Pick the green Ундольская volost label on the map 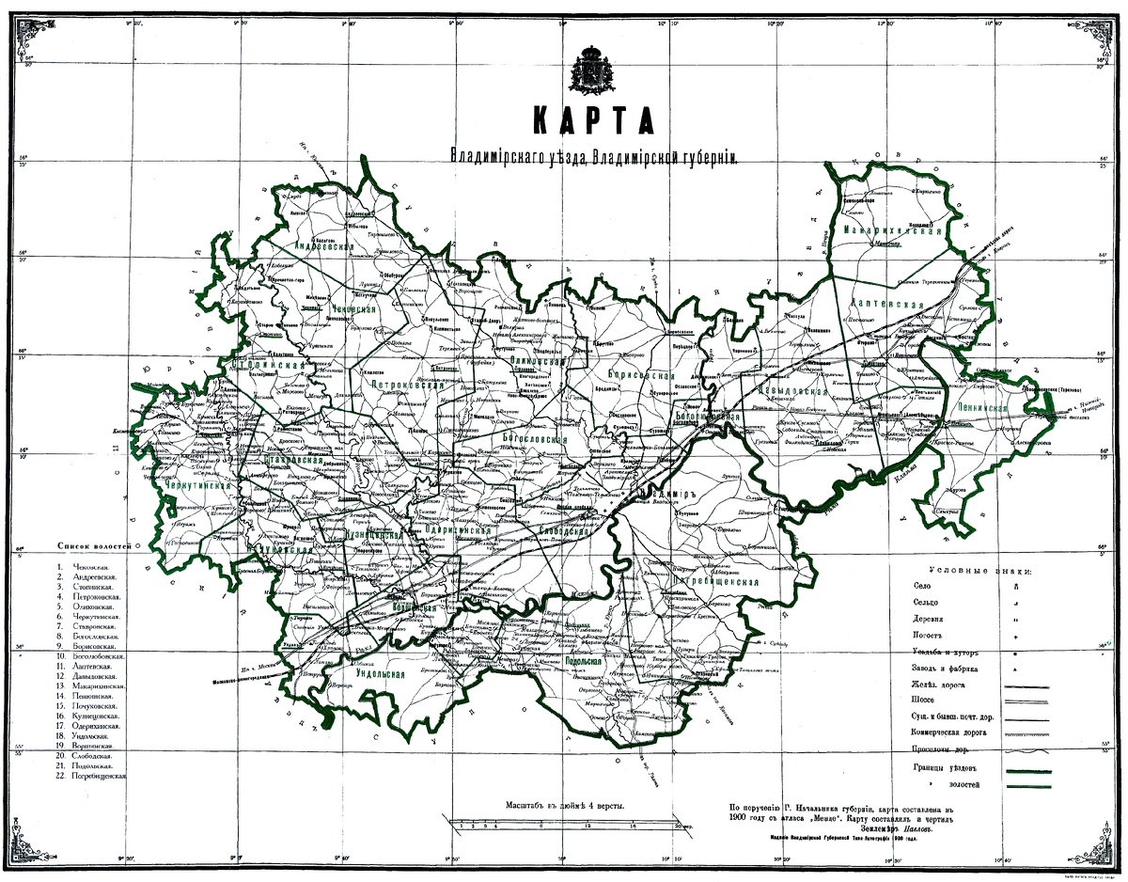[380, 674]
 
